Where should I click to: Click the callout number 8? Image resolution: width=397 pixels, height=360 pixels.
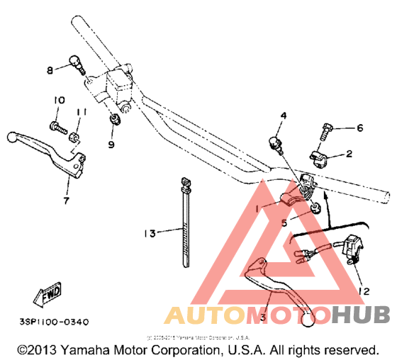(50, 69)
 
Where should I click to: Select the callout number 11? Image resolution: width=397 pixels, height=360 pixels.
(82, 112)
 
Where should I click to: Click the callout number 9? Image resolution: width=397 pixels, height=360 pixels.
(111, 145)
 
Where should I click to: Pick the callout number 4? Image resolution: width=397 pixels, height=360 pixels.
(283, 115)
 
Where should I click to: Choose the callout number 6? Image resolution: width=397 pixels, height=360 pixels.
(359, 128)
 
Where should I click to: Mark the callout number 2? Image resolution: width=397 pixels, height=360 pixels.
(348, 154)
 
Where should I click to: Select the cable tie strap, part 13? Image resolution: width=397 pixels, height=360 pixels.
(185, 227)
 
